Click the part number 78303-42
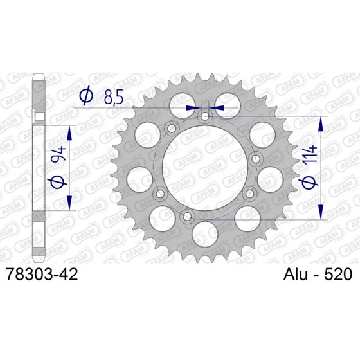point(42,274)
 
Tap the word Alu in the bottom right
point(298,274)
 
